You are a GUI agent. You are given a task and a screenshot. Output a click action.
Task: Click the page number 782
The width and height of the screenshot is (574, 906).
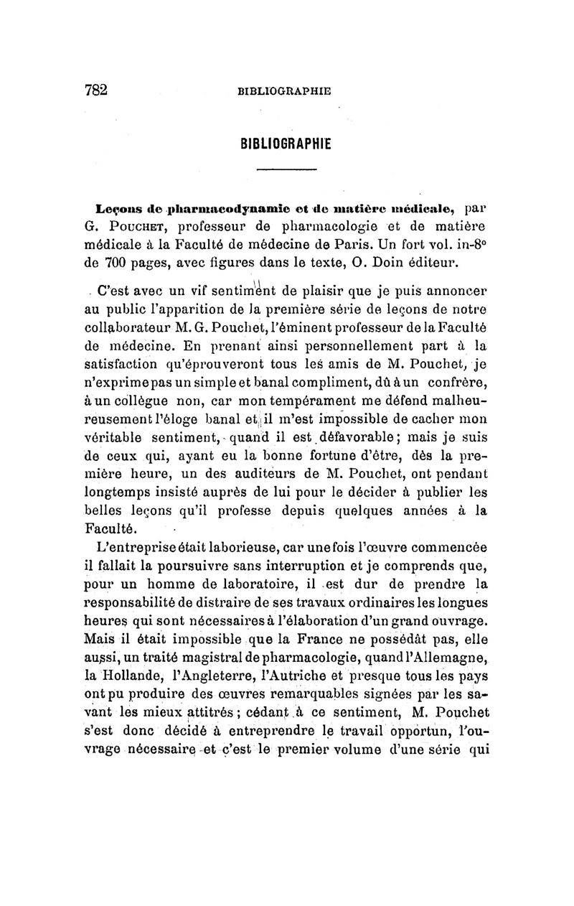coord(95,89)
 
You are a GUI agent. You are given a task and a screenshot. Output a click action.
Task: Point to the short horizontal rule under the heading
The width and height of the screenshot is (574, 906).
coord(286,169)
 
